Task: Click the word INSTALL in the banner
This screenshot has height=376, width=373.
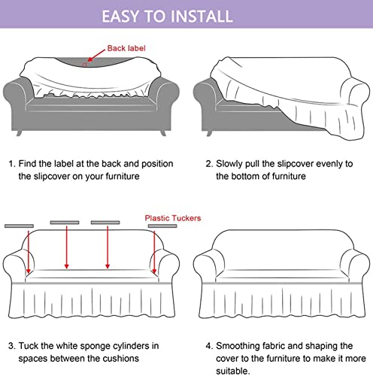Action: tap(203, 17)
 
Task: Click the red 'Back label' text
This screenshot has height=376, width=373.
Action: tap(126, 48)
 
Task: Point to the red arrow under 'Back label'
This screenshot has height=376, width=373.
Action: tap(96, 55)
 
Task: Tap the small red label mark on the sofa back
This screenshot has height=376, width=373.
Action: tap(84, 65)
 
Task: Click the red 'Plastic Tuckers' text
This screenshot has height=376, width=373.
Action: tap(173, 218)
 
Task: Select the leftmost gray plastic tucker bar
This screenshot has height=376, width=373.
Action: tap(19, 226)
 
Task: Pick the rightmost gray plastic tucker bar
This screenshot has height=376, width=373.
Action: tap(162, 226)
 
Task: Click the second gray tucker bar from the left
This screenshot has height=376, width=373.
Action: tap(65, 223)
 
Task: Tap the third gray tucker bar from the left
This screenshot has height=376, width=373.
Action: tap(105, 223)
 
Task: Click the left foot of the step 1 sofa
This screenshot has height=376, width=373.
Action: tap(19, 133)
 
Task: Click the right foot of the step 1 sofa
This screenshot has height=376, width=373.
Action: tap(163, 133)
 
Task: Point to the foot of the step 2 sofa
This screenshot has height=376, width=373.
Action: tap(209, 133)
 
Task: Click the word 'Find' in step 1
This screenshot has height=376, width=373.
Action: tap(28, 164)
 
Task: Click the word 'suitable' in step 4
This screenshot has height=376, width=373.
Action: tap(232, 371)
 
